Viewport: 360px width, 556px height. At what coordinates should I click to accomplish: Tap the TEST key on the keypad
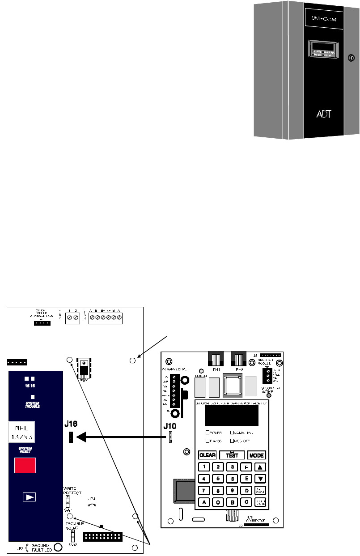click(232, 455)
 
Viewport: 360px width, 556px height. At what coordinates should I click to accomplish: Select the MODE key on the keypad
click(257, 455)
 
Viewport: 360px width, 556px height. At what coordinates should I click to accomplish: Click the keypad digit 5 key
click(218, 478)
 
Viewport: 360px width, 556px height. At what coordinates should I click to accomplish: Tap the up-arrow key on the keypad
click(260, 467)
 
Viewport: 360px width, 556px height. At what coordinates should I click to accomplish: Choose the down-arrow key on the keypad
click(260, 479)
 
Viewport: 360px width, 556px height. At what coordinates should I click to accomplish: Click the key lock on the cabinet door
click(351, 58)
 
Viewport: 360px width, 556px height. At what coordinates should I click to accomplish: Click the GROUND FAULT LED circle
click(58, 546)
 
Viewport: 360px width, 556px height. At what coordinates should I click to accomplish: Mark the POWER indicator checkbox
click(208, 433)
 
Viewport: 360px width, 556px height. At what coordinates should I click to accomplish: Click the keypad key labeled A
click(204, 502)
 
